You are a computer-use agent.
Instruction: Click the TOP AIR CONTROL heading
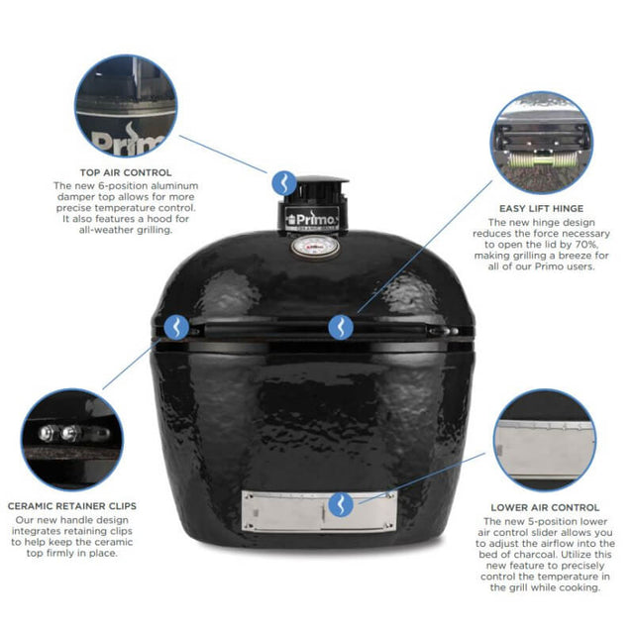pos(126,171)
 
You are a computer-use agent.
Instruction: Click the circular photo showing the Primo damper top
pos(126,105)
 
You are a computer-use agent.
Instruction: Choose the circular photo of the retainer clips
pos(78,439)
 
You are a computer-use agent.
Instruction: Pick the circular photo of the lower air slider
pos(544,440)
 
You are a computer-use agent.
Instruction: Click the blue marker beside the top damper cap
pos(283,182)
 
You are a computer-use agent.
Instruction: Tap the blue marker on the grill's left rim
pos(177,327)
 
